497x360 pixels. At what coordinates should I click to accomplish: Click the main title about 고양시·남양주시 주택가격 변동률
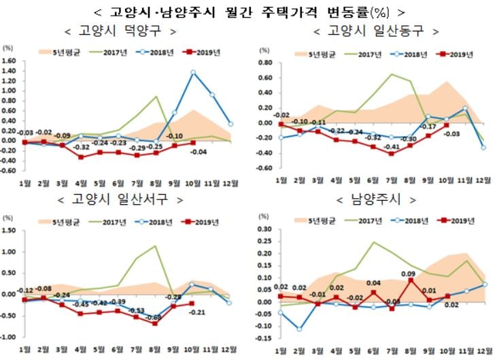point(248,12)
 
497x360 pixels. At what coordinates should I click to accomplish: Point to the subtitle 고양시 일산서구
point(122,199)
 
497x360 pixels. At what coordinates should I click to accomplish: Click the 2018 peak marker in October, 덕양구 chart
point(193,72)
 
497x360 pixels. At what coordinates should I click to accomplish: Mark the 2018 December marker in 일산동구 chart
point(483,147)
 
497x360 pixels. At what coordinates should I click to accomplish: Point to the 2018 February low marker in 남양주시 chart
point(299,329)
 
